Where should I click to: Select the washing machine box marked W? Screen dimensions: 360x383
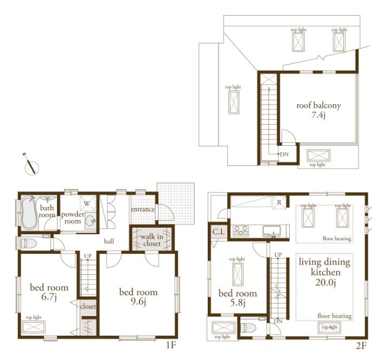pyautogui.click(x=86, y=203)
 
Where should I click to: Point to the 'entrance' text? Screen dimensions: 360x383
pyautogui.click(x=143, y=209)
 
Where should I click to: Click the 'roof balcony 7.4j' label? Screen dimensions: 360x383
pyautogui.click(x=318, y=110)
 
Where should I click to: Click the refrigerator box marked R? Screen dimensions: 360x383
pyautogui.click(x=278, y=202)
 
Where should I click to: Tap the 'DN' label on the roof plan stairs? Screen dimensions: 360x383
pyautogui.click(x=284, y=154)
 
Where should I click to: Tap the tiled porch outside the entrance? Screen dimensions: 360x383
pyautogui.click(x=175, y=202)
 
